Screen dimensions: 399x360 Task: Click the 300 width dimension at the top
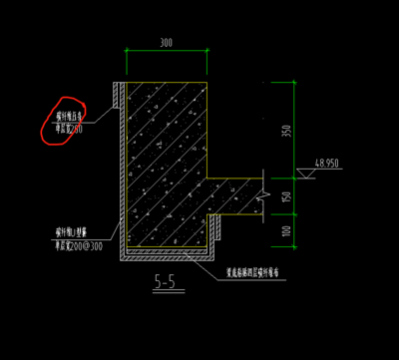(x=166, y=43)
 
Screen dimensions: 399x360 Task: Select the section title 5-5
(x=165, y=283)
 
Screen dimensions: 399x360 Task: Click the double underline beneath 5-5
(x=165, y=293)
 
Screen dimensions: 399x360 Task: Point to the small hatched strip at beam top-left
(x=117, y=91)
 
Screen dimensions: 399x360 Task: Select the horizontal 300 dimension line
(x=166, y=54)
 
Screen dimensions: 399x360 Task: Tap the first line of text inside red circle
(x=69, y=117)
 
